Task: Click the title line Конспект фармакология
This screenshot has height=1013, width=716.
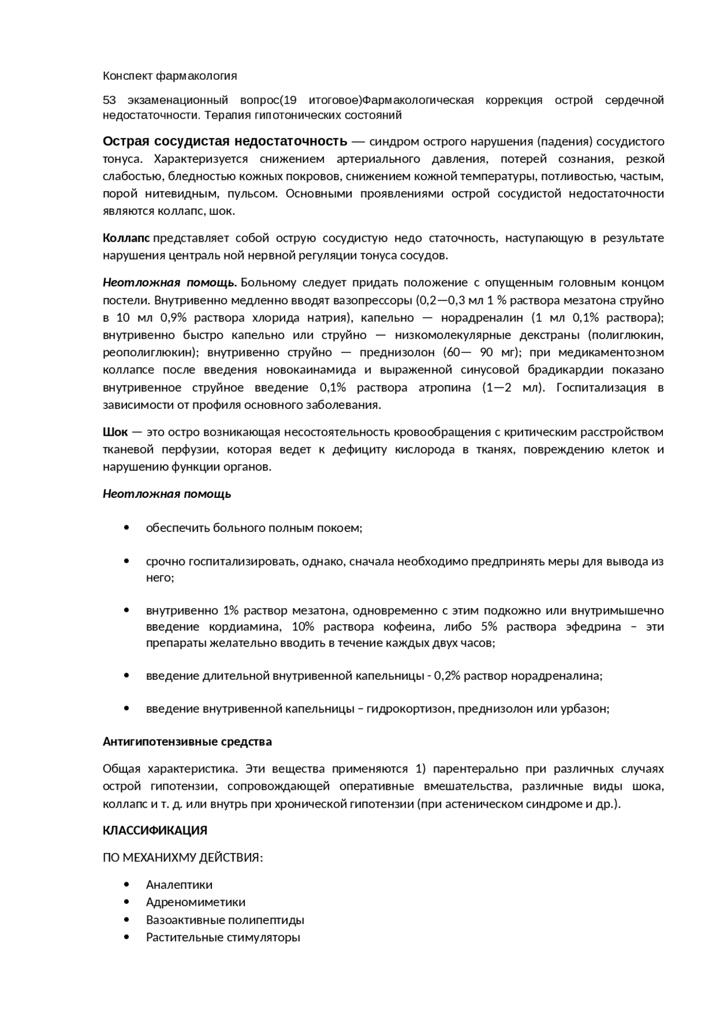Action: click(169, 76)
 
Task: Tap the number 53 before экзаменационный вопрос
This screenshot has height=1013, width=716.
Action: click(109, 100)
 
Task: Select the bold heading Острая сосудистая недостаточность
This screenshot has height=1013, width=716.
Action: click(225, 140)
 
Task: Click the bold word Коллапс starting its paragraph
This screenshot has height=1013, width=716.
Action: click(126, 238)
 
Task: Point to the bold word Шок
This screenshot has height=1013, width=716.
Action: click(115, 432)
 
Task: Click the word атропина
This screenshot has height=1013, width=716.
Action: click(445, 388)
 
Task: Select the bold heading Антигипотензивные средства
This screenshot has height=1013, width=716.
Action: click(187, 742)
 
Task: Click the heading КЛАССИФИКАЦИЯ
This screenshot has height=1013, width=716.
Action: click(155, 831)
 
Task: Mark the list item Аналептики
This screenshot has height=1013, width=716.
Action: click(179, 885)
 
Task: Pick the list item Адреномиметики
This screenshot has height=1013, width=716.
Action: click(195, 902)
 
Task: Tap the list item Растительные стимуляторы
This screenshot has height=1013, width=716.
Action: click(223, 937)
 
